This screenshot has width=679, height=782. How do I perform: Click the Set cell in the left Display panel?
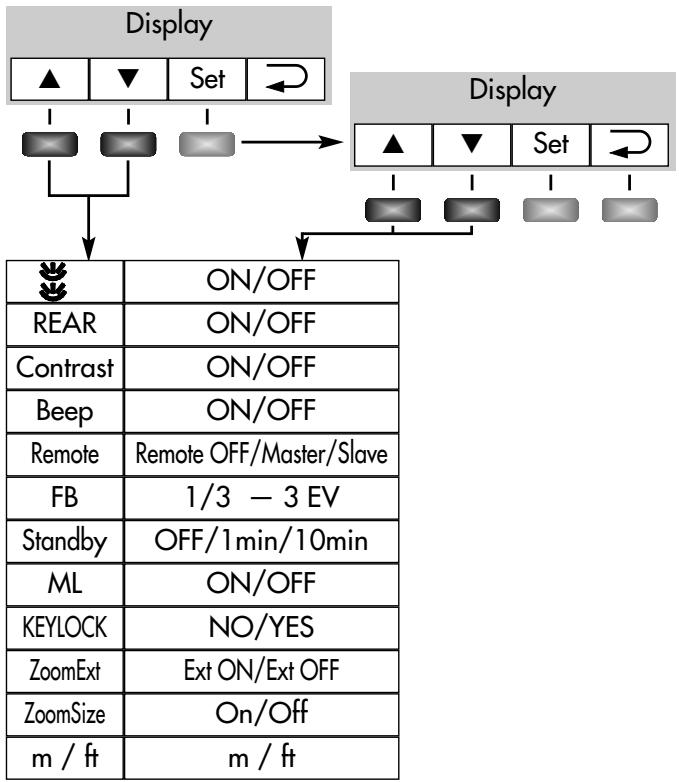click(x=207, y=79)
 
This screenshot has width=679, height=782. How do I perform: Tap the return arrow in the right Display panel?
click(x=630, y=144)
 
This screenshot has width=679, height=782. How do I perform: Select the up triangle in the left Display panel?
click(x=49, y=79)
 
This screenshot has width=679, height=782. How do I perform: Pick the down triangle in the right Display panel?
click(x=472, y=144)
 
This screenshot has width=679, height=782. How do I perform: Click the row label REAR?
click(x=65, y=323)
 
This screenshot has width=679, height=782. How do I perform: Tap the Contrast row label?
click(x=65, y=368)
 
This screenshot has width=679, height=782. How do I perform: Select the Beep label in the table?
click(x=65, y=411)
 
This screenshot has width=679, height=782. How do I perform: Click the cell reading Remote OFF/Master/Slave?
click(x=261, y=454)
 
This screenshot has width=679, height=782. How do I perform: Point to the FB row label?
click(x=65, y=497)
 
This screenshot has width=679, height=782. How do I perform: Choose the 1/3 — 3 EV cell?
click(x=261, y=498)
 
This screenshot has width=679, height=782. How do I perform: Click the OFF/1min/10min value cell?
click(x=261, y=541)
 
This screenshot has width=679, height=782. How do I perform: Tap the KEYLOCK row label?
click(x=65, y=627)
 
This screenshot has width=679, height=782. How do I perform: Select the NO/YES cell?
click(x=261, y=627)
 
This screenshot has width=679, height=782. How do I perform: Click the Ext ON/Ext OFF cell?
click(x=261, y=671)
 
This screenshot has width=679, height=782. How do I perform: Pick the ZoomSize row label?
click(x=65, y=714)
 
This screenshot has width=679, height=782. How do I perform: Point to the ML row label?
click(x=65, y=584)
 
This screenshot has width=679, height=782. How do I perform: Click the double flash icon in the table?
click(x=53, y=281)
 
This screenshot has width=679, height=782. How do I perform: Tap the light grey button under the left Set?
click(x=207, y=144)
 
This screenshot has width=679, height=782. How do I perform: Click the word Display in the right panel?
click(x=513, y=91)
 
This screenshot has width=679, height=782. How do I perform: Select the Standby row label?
click(x=65, y=541)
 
